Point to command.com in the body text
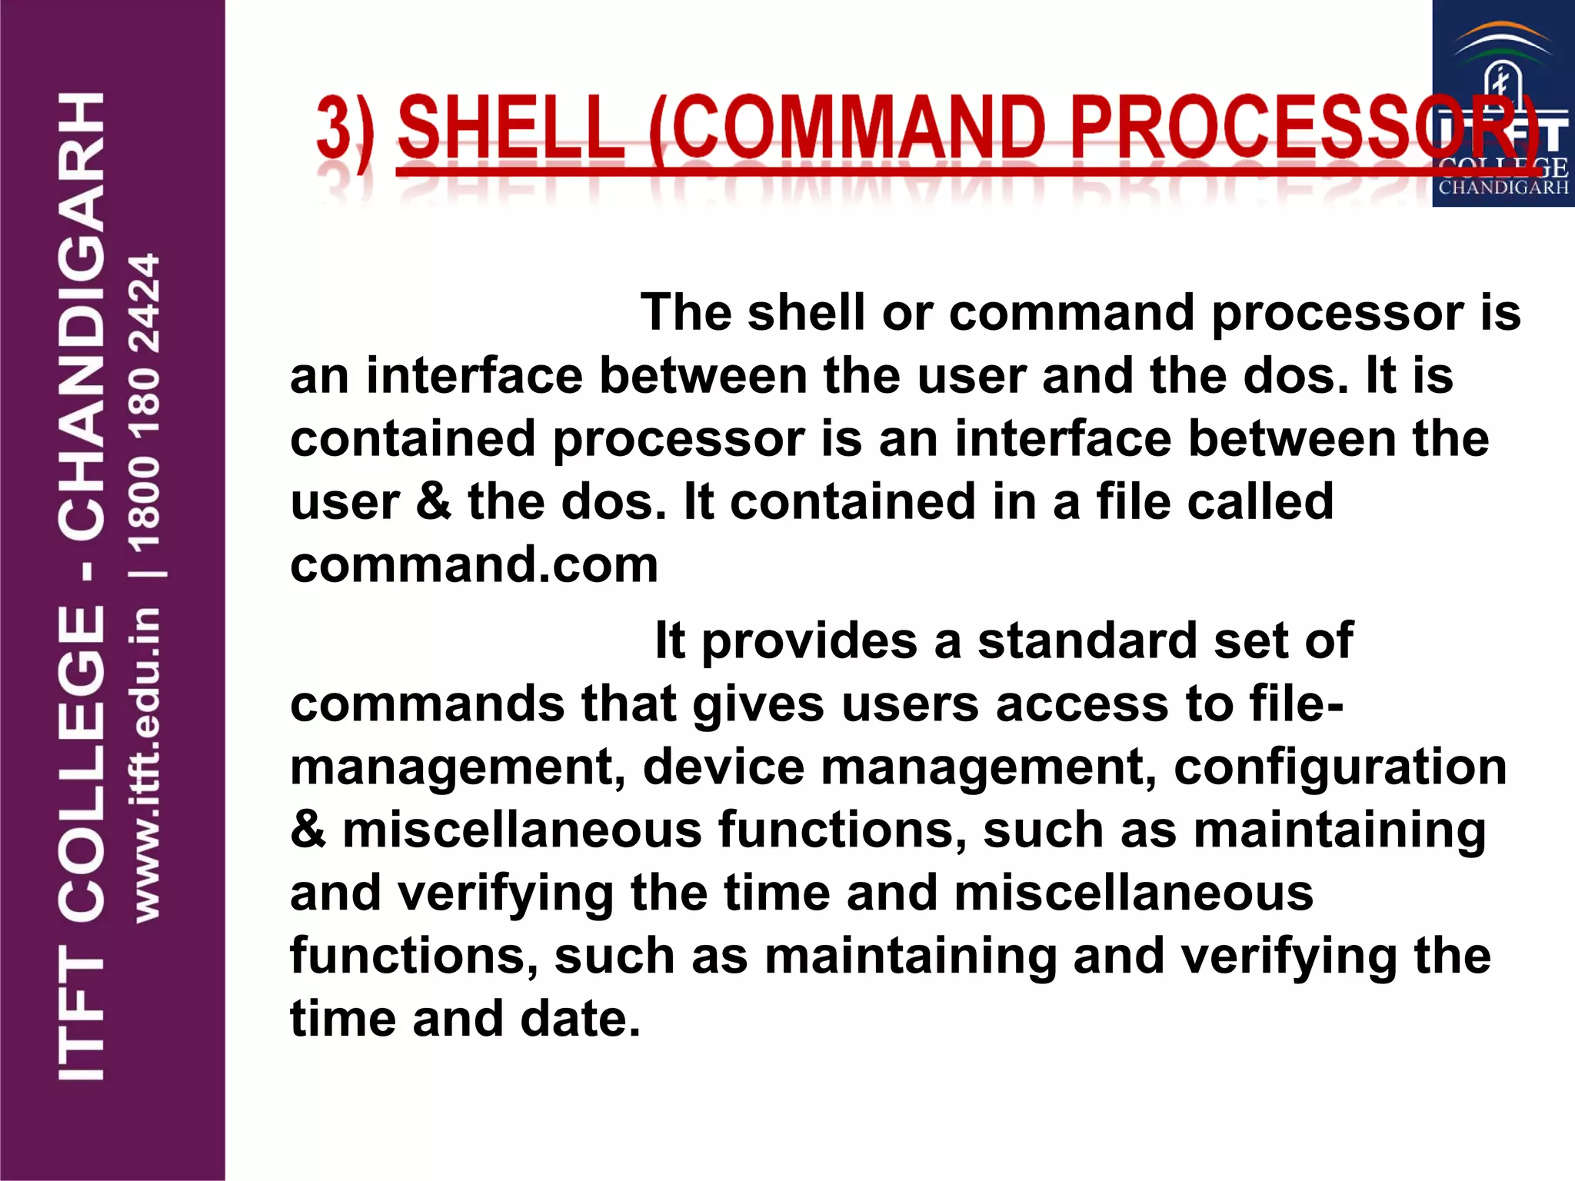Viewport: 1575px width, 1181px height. (x=474, y=565)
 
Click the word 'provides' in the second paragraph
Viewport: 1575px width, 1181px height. (x=809, y=640)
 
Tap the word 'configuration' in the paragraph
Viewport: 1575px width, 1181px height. (x=1340, y=767)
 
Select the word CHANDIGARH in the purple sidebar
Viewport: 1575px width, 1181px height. (x=81, y=315)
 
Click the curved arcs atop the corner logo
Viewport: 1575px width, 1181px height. (x=1503, y=42)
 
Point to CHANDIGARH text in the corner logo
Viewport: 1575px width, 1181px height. (x=1503, y=187)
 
